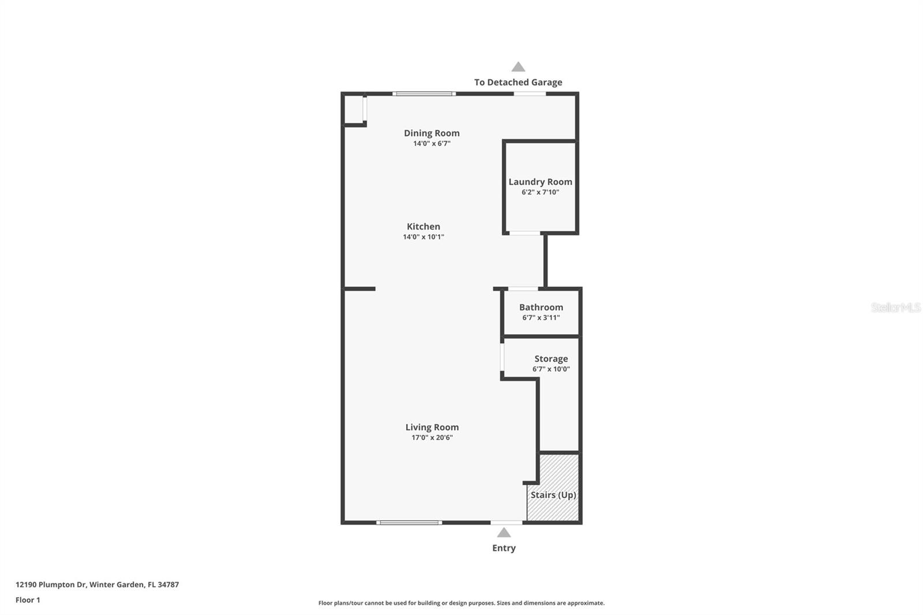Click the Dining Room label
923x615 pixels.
pyautogui.click(x=432, y=133)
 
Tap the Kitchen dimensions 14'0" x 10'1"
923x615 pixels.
pyautogui.click(x=423, y=237)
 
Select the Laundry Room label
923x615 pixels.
pyautogui.click(x=540, y=182)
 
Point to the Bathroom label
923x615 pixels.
pyautogui.click(x=541, y=307)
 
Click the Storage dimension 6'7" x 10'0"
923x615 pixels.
pyautogui.click(x=551, y=369)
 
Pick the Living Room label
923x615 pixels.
pyautogui.click(x=432, y=427)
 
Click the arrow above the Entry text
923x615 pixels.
pyautogui.click(x=504, y=532)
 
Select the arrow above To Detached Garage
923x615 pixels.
pyautogui.click(x=518, y=67)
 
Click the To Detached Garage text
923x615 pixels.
pyautogui.click(x=518, y=82)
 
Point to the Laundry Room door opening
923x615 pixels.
pyautogui.click(x=524, y=233)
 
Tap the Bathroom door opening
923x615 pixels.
pyautogui.click(x=523, y=288)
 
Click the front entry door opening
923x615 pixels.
pyautogui.click(x=506, y=523)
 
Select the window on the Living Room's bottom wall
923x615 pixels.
pyautogui.click(x=409, y=523)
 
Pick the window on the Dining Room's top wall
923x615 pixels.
pyautogui.click(x=424, y=93)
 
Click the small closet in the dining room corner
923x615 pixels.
pyautogui.click(x=353, y=110)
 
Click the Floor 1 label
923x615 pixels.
pyautogui.click(x=28, y=600)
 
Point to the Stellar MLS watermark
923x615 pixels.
pyautogui.click(x=895, y=307)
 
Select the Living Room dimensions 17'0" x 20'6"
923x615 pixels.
pyautogui.click(x=432, y=438)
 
